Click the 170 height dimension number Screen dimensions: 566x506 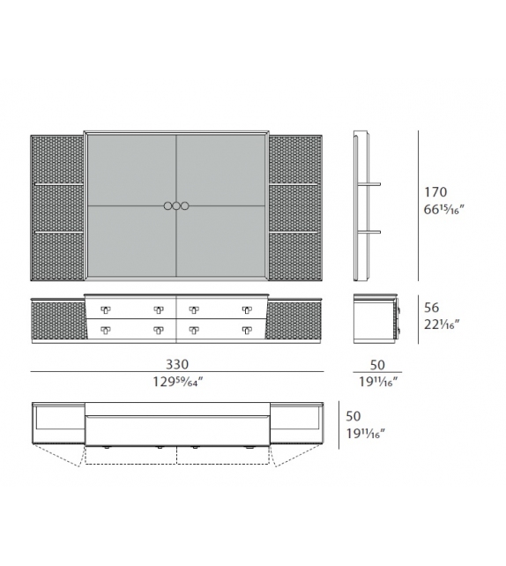pyautogui.click(x=435, y=192)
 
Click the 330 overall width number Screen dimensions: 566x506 pyautogui.click(x=177, y=364)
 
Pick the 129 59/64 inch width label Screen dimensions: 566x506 pyautogui.click(x=177, y=381)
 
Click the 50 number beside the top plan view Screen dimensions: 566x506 pyautogui.click(x=353, y=415)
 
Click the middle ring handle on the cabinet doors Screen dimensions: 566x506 pyautogui.click(x=176, y=206)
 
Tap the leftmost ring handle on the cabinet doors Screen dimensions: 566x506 pyautogui.click(x=167, y=206)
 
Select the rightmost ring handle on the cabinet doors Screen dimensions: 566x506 pyautogui.click(x=186, y=206)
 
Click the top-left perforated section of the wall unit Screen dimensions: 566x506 pyautogui.click(x=57, y=159)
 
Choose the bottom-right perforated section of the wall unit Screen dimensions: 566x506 pyautogui.click(x=294, y=256)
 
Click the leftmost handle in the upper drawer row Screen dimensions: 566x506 pyautogui.click(x=106, y=309)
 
